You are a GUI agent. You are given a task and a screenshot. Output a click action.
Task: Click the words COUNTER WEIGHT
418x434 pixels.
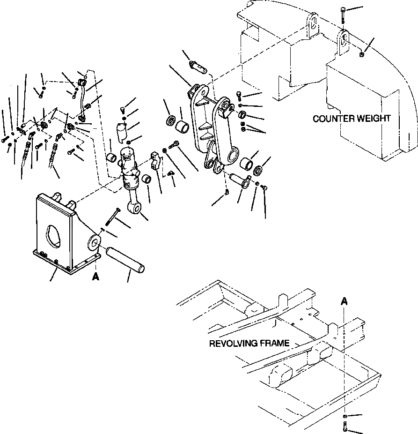coord(351,119)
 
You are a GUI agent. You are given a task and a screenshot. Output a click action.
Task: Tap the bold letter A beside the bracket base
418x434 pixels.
coord(95,277)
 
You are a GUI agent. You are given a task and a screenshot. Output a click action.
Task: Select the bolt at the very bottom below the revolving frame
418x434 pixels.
coord(345,427)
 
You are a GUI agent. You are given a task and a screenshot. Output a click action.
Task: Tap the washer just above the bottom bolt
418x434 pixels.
coord(345,416)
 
